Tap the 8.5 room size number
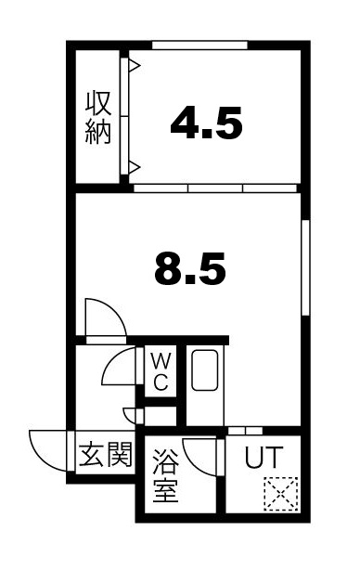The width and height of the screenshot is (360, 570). coord(189,270)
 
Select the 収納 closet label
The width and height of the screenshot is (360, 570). coord(99,117)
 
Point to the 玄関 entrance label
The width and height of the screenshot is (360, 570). coord(105,457)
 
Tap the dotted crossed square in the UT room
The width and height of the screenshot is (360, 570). coord(278,494)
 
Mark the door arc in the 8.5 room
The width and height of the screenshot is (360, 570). coord(102,317)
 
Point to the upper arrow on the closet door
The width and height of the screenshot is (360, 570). coord(134,67)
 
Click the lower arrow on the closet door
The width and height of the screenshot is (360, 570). coord(134,167)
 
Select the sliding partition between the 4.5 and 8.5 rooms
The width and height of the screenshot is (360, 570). coord(215,188)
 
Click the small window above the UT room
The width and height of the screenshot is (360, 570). coord(244,431)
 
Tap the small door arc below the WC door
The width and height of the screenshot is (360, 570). coord(129,414)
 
